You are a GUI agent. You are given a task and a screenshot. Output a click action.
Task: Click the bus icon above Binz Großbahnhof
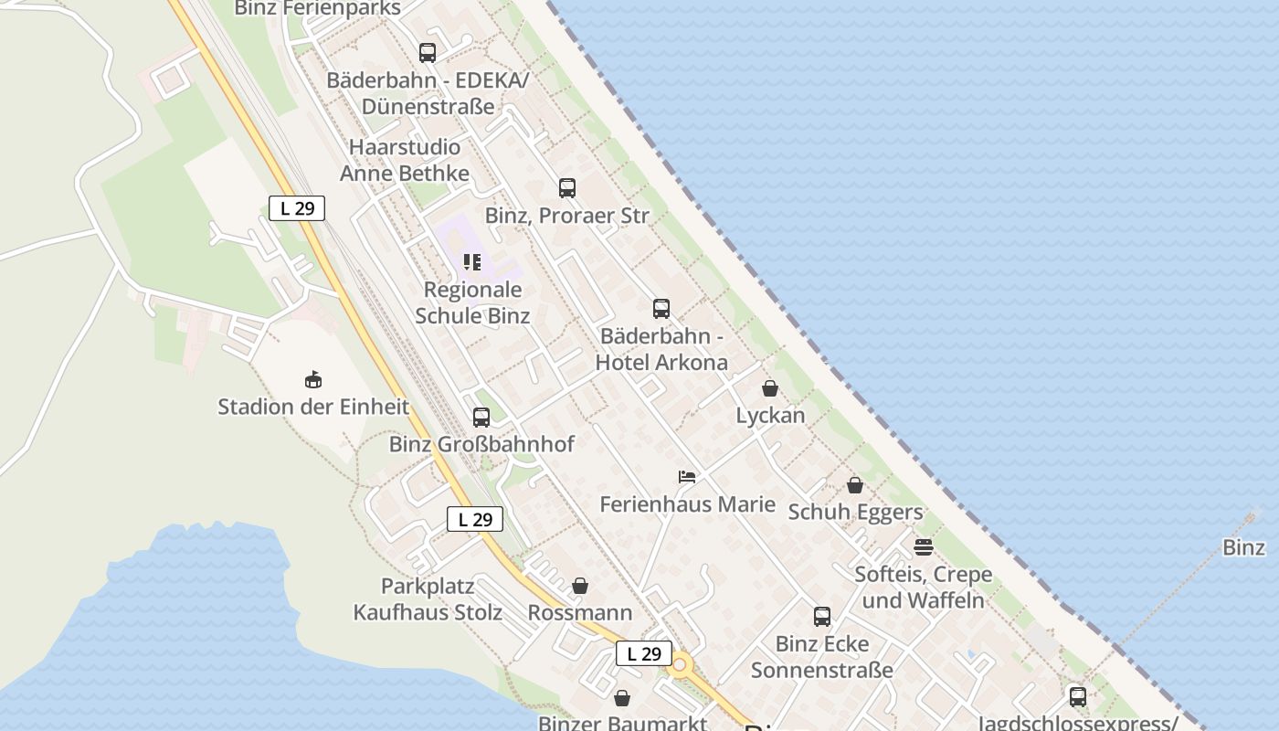click(481, 418)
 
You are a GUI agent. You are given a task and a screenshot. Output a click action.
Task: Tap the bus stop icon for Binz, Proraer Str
click(567, 188)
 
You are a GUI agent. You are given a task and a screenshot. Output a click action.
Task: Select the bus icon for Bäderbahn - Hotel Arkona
click(661, 309)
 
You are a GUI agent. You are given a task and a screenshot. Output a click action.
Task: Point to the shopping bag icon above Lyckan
click(770, 388)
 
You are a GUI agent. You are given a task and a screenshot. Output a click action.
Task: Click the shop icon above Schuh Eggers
click(855, 485)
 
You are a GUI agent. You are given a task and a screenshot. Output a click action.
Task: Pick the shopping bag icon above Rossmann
click(580, 586)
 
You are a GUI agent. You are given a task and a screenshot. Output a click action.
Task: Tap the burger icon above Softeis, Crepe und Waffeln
click(924, 547)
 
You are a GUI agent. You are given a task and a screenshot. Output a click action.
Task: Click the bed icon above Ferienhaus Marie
click(687, 477)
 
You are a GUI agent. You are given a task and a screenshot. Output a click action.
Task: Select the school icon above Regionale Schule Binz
click(472, 263)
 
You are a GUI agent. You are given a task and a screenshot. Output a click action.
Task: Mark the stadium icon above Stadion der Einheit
click(313, 379)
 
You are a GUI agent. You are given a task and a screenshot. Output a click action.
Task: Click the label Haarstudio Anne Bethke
click(405, 160)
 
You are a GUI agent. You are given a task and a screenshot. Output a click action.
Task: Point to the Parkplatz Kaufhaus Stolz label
click(428, 599)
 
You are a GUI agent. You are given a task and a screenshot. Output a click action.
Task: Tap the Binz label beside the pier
click(1243, 547)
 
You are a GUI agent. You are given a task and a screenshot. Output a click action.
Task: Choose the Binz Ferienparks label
click(317, 9)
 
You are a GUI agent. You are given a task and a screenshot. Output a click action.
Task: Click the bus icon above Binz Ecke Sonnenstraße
click(822, 617)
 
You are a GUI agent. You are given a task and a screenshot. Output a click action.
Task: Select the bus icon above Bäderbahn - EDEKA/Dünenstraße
click(428, 53)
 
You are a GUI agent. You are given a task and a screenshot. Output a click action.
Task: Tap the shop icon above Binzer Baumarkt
click(622, 698)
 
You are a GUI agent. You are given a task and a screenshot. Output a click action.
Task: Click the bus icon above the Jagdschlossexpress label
click(1078, 697)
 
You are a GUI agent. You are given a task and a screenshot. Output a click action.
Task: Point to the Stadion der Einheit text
click(313, 407)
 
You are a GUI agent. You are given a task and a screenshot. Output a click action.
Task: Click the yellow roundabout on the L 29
click(679, 666)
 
